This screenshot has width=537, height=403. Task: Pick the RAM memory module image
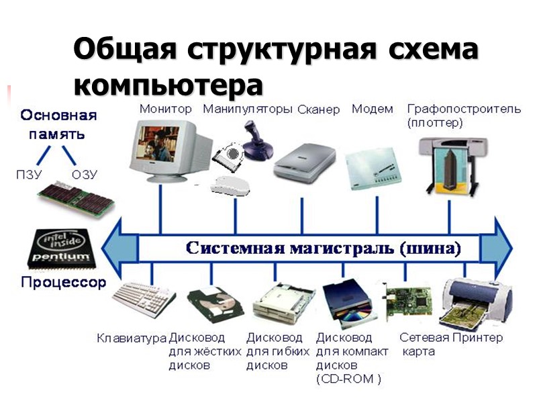[75, 200]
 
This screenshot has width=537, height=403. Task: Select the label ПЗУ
[29, 175]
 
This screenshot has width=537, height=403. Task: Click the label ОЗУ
[85, 175]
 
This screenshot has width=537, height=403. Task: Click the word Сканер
[318, 109]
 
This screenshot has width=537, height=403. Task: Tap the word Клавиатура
[132, 338]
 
